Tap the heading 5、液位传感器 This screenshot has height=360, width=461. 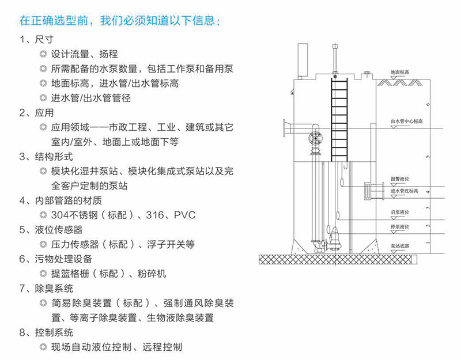(55, 230)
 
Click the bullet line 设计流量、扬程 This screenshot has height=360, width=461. (84, 55)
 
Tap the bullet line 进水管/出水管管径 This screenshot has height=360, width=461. (91, 97)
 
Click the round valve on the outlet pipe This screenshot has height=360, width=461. (315, 138)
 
